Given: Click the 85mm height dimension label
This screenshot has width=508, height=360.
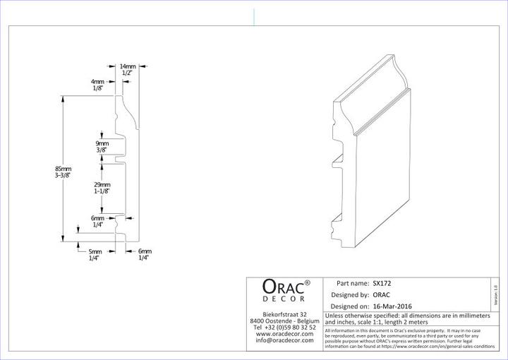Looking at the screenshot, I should (x=63, y=169).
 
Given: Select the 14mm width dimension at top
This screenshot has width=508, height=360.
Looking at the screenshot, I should (x=128, y=66).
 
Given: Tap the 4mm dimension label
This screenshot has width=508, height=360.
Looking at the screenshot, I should (x=97, y=82).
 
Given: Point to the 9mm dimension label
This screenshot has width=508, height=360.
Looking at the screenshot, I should (x=102, y=143).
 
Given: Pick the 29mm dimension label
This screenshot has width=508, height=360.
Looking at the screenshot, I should (x=102, y=184).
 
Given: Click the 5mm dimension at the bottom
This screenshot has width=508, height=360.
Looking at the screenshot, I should (x=95, y=251).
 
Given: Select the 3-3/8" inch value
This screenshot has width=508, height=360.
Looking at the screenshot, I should (x=63, y=176).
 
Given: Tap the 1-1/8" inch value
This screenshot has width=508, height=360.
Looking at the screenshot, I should (x=102, y=191).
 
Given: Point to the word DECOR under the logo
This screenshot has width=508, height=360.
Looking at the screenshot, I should (x=285, y=300).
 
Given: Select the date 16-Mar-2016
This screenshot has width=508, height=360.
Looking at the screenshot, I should (x=397, y=306).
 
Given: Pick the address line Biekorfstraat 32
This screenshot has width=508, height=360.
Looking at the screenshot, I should (x=284, y=313).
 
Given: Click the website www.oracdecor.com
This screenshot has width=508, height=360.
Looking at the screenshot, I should (x=284, y=334).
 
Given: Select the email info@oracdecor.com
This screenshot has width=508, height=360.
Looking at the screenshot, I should (x=284, y=340).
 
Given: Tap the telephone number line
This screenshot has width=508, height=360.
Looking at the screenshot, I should (x=284, y=327).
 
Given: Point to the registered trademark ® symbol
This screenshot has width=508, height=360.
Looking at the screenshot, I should (x=308, y=282).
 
